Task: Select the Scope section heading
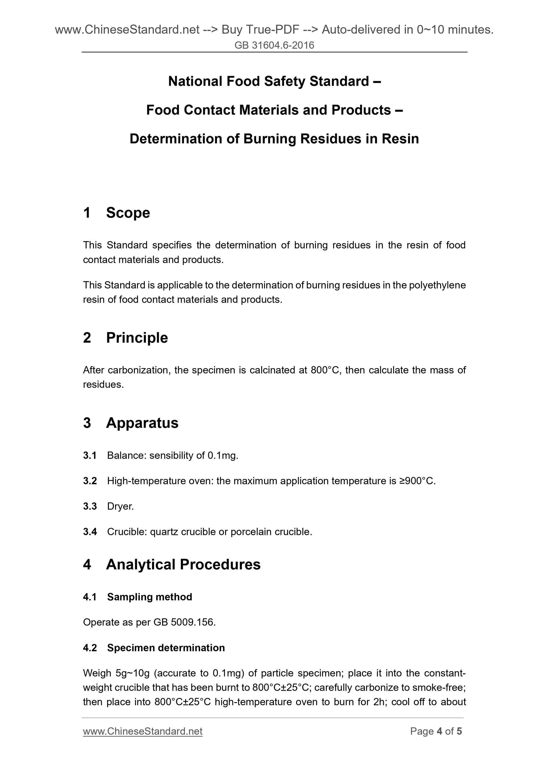[x=128, y=213]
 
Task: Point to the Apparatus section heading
[x=142, y=423]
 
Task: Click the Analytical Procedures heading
[x=183, y=564]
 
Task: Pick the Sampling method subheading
[x=149, y=597]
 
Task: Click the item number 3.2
[x=90, y=481]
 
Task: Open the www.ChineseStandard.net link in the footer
[x=142, y=731]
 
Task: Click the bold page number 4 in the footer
[x=440, y=731]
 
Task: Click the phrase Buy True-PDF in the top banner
[x=260, y=30]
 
